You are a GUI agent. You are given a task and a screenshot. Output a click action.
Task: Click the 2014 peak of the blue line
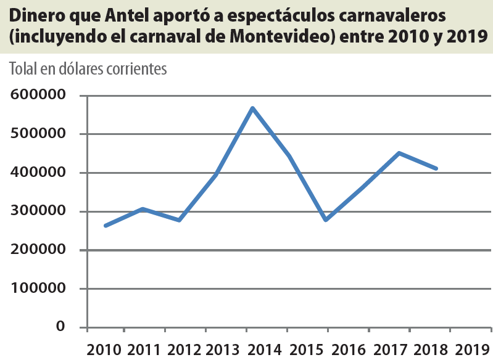point(252,108)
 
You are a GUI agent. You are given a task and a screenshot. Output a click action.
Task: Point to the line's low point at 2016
point(325,219)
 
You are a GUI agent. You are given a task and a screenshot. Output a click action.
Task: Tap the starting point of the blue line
point(106,226)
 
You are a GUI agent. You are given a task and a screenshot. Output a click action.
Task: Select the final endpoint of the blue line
point(436,168)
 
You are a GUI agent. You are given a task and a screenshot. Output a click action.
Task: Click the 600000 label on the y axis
point(38,95)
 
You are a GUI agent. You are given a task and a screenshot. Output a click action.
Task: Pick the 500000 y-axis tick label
point(38,134)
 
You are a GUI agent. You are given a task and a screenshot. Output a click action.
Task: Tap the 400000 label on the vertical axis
point(38,173)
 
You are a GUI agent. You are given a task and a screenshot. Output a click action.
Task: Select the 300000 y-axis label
point(38,211)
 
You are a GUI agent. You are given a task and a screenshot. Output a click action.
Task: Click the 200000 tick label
point(38,250)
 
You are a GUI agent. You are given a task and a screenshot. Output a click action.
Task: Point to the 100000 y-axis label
point(38,288)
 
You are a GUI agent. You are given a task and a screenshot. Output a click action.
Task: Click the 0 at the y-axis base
point(60,326)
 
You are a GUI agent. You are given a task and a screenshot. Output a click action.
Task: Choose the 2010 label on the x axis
point(104,350)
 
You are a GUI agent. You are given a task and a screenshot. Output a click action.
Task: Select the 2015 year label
point(307,350)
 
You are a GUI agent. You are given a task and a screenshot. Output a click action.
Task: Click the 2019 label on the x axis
point(471,350)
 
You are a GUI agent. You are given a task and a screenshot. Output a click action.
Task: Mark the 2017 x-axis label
point(389,350)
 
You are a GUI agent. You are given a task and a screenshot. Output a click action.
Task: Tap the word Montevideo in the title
point(282,36)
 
